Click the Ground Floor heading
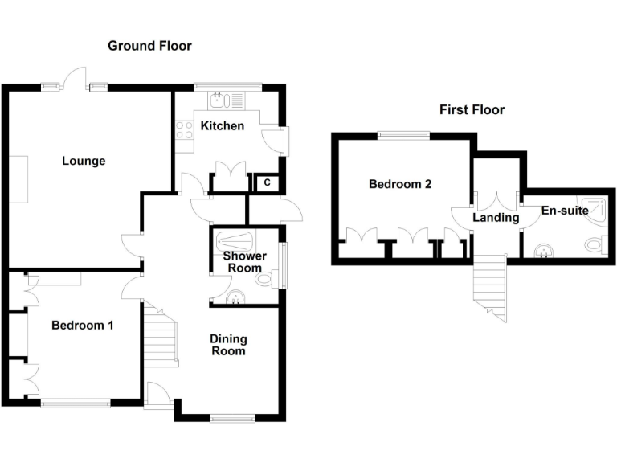(x=150, y=46)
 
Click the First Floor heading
(x=472, y=109)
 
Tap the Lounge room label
(x=84, y=161)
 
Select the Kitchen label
(x=222, y=125)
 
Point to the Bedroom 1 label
(x=82, y=326)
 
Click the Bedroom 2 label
(x=400, y=184)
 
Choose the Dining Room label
(x=228, y=345)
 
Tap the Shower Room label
(x=244, y=262)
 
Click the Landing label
(x=496, y=217)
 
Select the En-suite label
(x=565, y=211)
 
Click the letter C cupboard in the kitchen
(x=265, y=183)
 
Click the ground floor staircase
(x=161, y=339)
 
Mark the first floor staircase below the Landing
(x=489, y=289)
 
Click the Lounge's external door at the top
(x=76, y=79)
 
